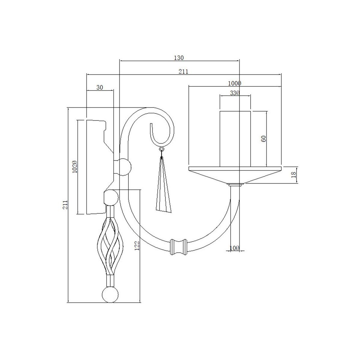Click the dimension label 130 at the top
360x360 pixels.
pyautogui.click(x=179, y=58)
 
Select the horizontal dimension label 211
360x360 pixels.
pyautogui.click(x=183, y=72)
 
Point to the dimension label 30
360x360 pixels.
pyautogui.click(x=100, y=87)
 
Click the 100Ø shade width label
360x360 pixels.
pyautogui.click(x=235, y=83)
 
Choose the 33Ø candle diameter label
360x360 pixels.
pyautogui.click(x=235, y=93)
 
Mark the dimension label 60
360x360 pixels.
pyautogui.click(x=263, y=139)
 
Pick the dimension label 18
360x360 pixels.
pyautogui.click(x=294, y=175)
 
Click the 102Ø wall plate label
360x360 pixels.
pyautogui.click(x=75, y=166)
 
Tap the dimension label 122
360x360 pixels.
pyautogui.click(x=137, y=246)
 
